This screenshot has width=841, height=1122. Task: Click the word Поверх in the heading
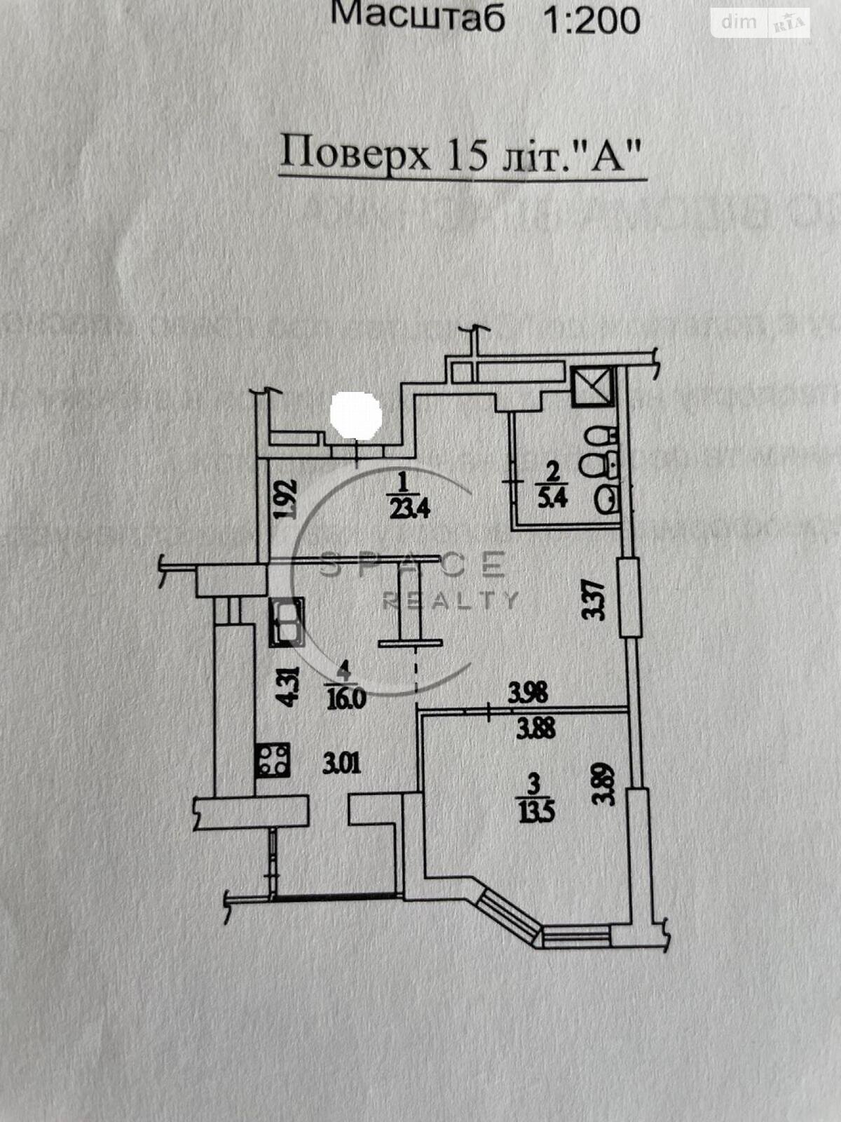(355, 154)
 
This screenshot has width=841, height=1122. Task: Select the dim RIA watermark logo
(760, 23)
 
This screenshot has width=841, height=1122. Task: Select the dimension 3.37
(594, 597)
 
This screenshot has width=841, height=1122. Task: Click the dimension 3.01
(341, 762)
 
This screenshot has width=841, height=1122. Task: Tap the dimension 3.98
(528, 693)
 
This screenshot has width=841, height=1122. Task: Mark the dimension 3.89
(603, 783)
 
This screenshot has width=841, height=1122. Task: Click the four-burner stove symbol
(273, 760)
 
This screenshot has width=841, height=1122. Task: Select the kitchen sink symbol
(286, 621)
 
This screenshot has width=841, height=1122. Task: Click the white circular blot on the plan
(356, 414)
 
